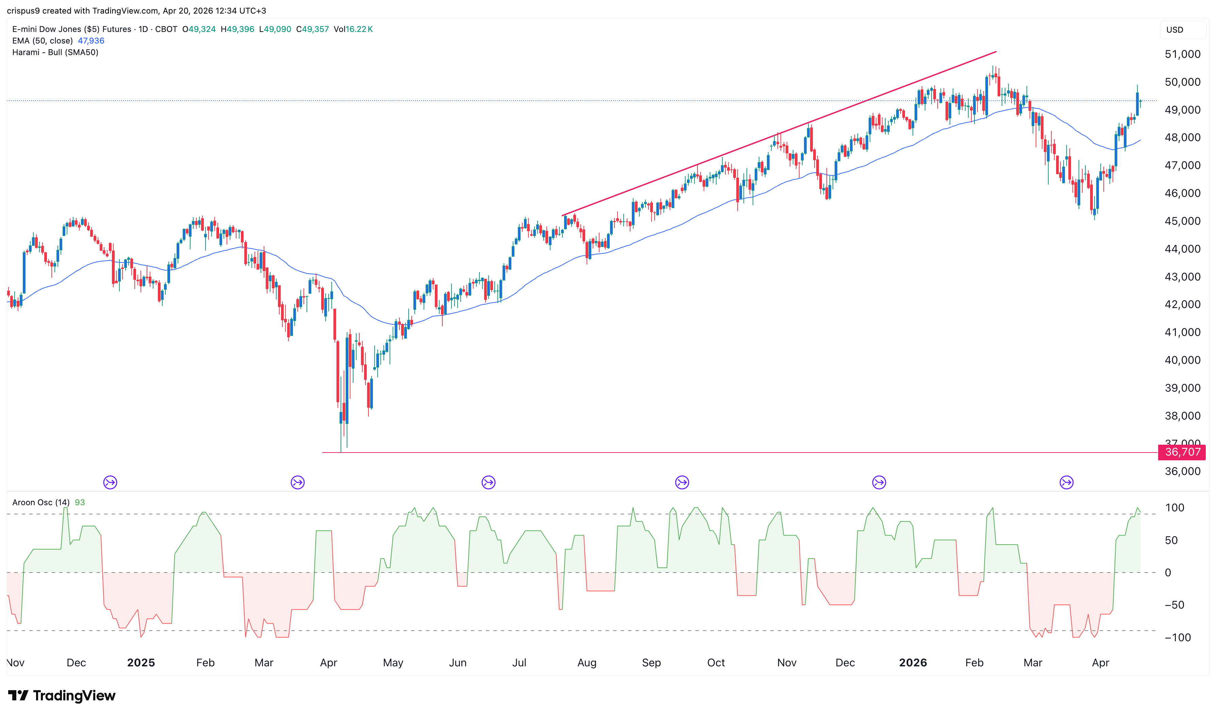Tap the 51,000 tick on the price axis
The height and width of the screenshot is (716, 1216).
click(x=1182, y=54)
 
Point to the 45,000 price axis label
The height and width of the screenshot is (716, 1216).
click(x=1182, y=221)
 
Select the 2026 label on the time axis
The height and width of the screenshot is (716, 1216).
click(x=913, y=662)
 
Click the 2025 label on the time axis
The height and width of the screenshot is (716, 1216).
click(x=141, y=662)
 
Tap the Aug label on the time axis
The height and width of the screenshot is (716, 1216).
click(x=587, y=662)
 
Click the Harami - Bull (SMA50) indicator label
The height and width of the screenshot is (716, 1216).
click(x=55, y=52)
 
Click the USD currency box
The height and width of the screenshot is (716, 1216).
click(x=1174, y=30)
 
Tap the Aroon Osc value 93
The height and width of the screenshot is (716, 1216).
click(x=80, y=502)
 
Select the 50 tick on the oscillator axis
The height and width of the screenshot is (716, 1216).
click(x=1171, y=540)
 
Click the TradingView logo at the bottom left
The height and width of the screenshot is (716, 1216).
click(x=62, y=695)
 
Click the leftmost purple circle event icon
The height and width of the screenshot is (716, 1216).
click(x=110, y=482)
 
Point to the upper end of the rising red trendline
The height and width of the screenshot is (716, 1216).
click(x=996, y=52)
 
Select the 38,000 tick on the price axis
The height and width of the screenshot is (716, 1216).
click(x=1182, y=416)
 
